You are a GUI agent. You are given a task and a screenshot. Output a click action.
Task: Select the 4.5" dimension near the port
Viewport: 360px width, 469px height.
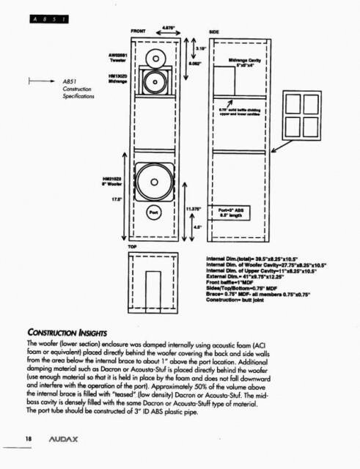click(x=196, y=226)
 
